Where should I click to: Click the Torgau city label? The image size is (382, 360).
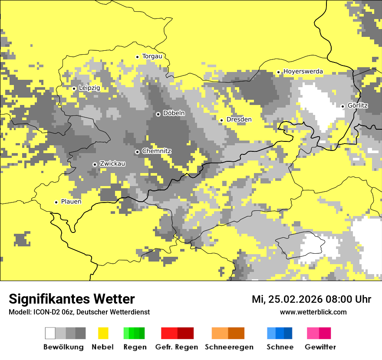pos(152,56)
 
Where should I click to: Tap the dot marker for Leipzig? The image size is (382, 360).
pos(74,88)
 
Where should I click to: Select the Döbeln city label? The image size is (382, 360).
pos(174,113)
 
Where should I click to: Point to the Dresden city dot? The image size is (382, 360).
pos(221,120)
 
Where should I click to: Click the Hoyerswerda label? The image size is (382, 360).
pos(303,72)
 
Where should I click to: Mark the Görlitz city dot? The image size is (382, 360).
pos(342,106)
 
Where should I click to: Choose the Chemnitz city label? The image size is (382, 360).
pos(156,151)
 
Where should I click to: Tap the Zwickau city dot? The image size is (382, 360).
pos(95,164)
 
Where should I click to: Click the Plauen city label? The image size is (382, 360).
pos(71,202)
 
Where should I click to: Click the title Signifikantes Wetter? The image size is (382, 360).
pos(72,299)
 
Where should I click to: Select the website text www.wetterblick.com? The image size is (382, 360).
pos(313,312)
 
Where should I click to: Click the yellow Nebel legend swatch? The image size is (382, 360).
pos(103,333)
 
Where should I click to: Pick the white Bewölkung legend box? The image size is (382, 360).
pos(50,333)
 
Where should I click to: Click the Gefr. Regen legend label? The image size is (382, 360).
pos(177,347)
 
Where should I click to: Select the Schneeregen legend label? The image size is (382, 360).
pos(229,347)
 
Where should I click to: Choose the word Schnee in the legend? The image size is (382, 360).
pos(280,347)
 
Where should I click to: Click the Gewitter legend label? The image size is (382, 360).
pos(320,347)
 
